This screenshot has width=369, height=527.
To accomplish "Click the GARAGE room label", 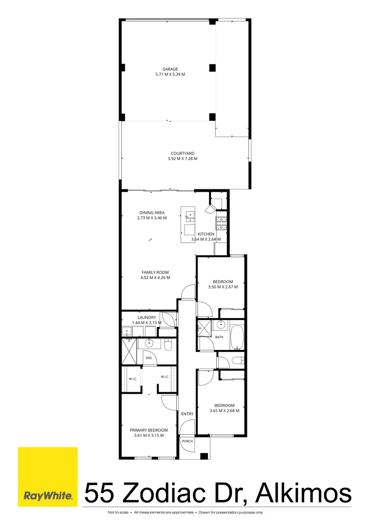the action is coord(170,69).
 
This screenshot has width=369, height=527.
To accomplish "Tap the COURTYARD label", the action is coord(183,154).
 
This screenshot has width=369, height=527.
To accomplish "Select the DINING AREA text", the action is coord(152,213).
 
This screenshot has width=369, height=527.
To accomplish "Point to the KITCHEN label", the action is coord(206,234).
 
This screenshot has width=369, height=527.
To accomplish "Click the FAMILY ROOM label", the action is coord(155,273).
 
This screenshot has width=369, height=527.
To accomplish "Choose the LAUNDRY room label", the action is coord(147,318).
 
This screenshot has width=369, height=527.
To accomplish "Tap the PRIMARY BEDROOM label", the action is coord(149,430).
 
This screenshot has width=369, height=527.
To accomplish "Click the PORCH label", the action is coord(187,441).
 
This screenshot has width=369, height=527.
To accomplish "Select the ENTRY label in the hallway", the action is coord(187,414).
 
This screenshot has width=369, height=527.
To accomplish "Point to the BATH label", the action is coord(219,337).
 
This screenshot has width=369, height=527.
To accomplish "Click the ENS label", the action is coord(149,358).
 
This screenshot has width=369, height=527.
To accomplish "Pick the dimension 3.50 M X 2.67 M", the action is coord(223,287).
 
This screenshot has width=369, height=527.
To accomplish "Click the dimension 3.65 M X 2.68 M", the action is coord(225,411).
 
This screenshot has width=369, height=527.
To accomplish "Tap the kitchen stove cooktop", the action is coord(221,223).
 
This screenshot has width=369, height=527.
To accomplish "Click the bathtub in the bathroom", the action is coord(237,337).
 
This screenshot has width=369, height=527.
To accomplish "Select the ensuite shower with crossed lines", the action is coord(129,351).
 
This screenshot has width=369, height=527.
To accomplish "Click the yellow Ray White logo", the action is coord(48,477).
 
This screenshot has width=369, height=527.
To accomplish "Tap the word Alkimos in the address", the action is coord(304,493).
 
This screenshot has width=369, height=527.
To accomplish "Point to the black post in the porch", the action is coord(204,456).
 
